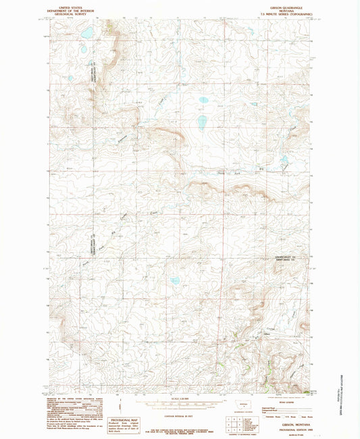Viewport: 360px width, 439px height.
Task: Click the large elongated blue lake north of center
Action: pyautogui.click(x=202, y=122)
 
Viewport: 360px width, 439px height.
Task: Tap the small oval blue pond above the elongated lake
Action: pyautogui.click(x=203, y=100)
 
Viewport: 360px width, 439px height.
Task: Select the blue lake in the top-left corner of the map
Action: pyautogui.click(x=86, y=33)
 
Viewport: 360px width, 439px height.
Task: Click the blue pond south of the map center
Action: pyautogui.click(x=175, y=281)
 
